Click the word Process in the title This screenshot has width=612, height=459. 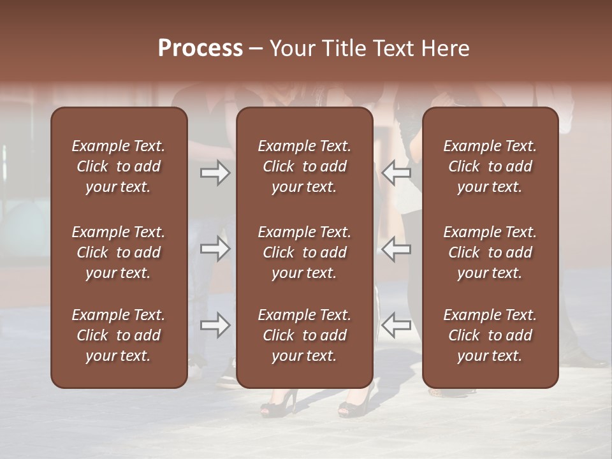tap(200, 48)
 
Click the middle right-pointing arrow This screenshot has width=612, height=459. tap(215, 249)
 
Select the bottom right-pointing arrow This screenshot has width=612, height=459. tap(215, 326)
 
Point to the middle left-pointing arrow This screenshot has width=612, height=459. tap(396, 249)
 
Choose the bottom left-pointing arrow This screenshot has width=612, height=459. tap(396, 326)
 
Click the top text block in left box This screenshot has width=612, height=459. tap(119, 166)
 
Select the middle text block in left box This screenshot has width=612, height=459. tap(119, 252)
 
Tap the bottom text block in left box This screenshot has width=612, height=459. tap(119, 335)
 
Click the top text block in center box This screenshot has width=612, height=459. tap(304, 166)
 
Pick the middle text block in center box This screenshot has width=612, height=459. tap(304, 252)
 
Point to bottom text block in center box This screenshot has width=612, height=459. tap(304, 335)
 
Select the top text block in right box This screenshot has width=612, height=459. tap(490, 166)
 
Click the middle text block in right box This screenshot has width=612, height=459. tap(490, 252)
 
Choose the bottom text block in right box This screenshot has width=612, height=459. tap(490, 335)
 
